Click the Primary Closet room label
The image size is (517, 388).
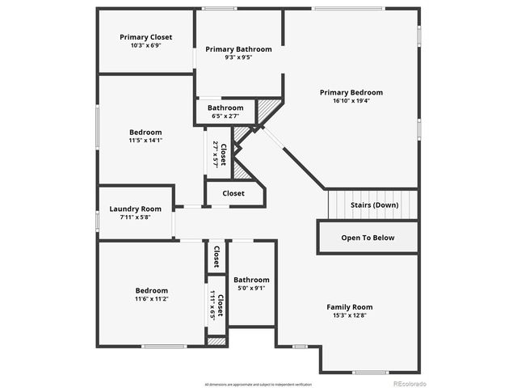point(145,37)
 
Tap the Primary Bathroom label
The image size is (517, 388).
point(238,49)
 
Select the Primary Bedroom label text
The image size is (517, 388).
point(351,93)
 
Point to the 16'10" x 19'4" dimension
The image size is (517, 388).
point(351,102)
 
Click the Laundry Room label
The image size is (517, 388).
point(136,209)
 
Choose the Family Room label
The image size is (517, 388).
point(349,307)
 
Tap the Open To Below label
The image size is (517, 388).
point(368,238)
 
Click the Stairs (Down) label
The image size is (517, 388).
point(374,205)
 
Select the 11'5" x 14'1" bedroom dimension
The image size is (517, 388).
point(145,141)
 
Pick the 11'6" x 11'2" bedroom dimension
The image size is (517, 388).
point(151,299)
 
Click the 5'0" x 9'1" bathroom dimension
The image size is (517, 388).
point(251,288)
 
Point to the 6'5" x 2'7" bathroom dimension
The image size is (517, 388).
point(225,116)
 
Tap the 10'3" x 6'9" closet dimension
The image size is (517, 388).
point(145,46)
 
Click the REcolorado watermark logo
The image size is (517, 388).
point(410,382)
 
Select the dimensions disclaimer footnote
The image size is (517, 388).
point(258,383)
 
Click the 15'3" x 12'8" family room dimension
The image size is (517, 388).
point(349,316)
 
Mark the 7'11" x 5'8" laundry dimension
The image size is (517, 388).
point(136,217)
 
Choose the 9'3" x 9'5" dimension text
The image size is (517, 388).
point(238,58)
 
